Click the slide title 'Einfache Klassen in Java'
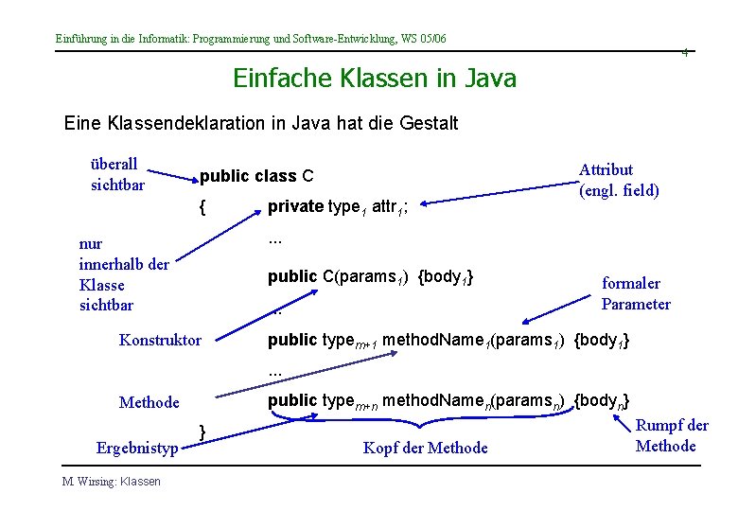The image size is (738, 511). coord(375,78)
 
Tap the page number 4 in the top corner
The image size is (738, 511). coord(685,53)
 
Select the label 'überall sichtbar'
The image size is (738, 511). coord(117,174)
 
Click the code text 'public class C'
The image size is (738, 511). coord(256,177)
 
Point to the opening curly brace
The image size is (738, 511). coord(202,205)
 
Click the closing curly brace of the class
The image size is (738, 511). coord(202,431)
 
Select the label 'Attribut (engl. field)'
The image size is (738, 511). coord(619,180)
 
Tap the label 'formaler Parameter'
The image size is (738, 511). coord(636,293)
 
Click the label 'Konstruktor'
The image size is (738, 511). coord(160,340)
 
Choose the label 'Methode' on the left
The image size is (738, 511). coord(149,402)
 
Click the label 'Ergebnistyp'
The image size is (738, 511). coord(137,447)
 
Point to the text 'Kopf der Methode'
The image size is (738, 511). coord(426,448)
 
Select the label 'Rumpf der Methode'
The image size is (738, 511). coord(672,435)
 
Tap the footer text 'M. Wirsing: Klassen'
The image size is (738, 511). coord(112,482)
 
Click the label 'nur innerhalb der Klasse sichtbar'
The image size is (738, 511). coord(123,274)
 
